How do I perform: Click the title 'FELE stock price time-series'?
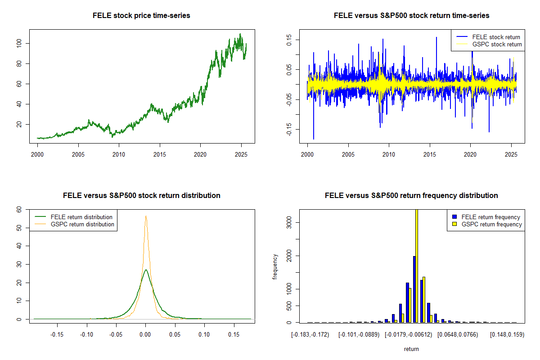click(x=141, y=16)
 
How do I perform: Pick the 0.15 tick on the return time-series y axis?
click(x=289, y=40)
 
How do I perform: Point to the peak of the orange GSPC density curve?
click(x=146, y=216)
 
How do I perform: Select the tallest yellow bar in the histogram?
click(x=417, y=265)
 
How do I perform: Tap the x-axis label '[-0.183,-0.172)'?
click(x=310, y=335)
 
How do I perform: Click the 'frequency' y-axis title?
click(x=275, y=266)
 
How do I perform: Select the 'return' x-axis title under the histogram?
click(x=411, y=349)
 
